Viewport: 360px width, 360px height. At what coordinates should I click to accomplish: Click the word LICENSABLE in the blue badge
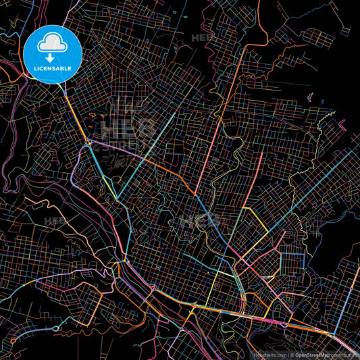click(x=53, y=69)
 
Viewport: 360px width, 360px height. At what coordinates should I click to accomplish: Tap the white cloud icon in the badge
click(x=53, y=45)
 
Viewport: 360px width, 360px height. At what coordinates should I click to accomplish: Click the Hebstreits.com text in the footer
click(x=270, y=354)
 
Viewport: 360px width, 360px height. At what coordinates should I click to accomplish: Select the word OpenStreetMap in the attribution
click(x=313, y=354)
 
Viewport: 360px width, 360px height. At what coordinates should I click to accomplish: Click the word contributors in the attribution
click(x=345, y=354)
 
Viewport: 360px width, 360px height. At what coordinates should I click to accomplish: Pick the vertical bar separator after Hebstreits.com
click(x=288, y=354)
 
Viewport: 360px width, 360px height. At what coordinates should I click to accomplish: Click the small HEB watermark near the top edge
click(x=201, y=38)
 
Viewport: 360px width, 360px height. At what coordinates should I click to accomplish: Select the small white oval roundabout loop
click(x=284, y=325)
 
